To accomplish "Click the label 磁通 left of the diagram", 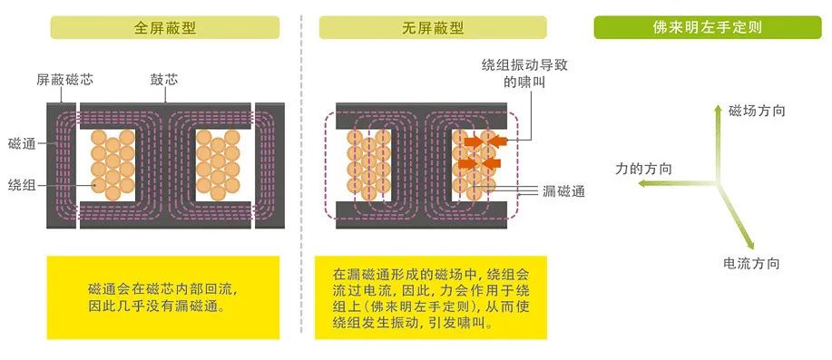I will [x=22, y=143].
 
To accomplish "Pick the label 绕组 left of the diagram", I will [x=22, y=185].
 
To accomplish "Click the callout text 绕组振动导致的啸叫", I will [x=519, y=74].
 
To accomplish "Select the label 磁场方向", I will [x=757, y=111].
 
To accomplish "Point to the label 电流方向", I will [x=751, y=263].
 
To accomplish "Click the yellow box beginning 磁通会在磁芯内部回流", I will [x=163, y=297].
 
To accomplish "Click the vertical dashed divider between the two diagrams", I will [x=302, y=181].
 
